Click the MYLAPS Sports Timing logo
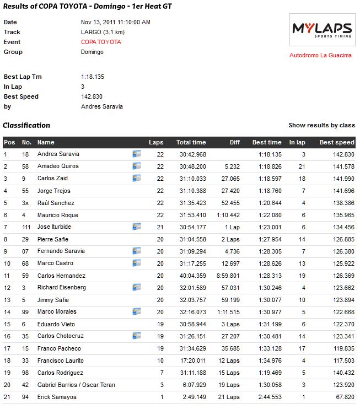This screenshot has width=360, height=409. tap(323, 30)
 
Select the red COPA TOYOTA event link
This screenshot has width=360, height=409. tap(101, 42)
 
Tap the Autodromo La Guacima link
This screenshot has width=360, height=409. tap(320, 55)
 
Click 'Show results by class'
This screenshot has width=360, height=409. tap(321, 125)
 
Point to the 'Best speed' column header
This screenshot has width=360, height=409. tap(337, 142)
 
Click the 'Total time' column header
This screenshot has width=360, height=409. tap(191, 142)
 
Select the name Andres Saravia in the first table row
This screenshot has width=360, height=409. tap(58, 154)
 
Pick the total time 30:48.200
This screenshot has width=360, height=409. tap(192, 166)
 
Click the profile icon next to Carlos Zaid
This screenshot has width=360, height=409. tap(137, 178)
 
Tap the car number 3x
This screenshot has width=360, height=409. tap(25, 203)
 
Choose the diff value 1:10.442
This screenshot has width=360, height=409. tap(228, 215)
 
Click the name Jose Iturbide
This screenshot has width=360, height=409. tap(54, 227)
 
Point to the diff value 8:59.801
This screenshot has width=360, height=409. tap(228, 276)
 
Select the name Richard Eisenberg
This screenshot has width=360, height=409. tap(62, 288)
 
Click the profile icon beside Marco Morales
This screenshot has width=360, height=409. tap(137, 311)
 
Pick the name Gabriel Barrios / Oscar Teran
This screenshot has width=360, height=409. tap(76, 385)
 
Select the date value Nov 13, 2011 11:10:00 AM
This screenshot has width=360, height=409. tap(115, 22)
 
